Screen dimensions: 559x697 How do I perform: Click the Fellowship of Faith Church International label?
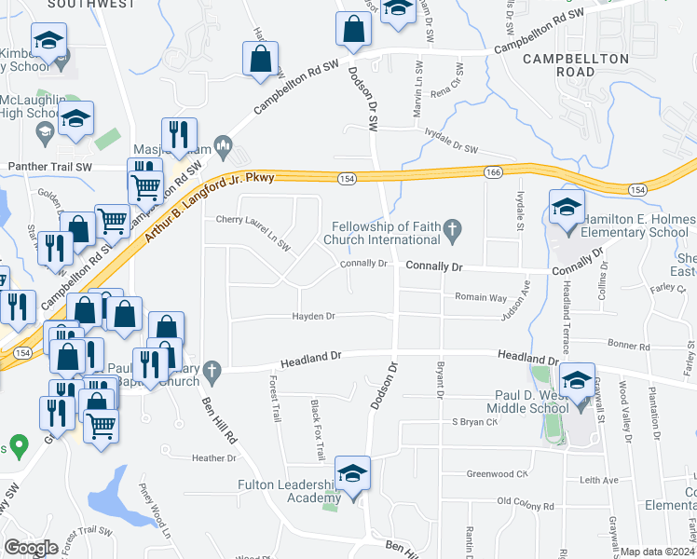[x=387, y=232]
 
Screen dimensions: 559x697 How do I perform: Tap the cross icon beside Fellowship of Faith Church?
[x=452, y=229]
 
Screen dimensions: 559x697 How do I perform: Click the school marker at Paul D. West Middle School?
[x=578, y=383]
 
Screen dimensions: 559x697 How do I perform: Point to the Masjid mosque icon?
[x=223, y=143]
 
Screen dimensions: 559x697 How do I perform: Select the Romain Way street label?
[x=481, y=297]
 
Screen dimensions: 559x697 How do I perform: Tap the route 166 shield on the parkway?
[x=491, y=171]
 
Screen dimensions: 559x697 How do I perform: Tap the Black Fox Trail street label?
[x=317, y=418]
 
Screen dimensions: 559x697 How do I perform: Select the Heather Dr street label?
[x=214, y=458]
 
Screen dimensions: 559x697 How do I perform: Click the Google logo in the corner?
[x=31, y=548]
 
